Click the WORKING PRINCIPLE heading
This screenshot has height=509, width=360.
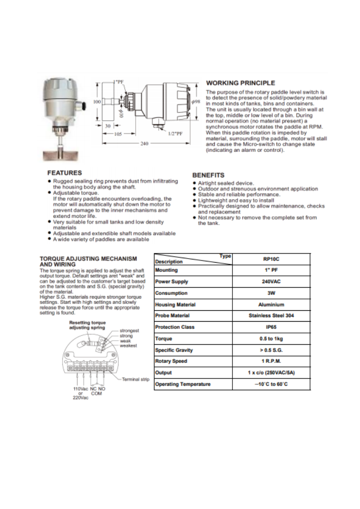(240, 83)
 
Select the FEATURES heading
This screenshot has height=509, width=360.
(65, 173)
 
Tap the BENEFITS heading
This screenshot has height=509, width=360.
(208, 175)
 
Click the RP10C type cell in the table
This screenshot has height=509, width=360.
(271, 259)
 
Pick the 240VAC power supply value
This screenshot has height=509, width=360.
(271, 282)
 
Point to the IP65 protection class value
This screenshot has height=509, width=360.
(271, 327)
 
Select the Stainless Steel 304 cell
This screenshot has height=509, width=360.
(271, 316)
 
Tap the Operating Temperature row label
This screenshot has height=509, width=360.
(182, 384)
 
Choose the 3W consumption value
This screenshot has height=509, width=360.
(271, 293)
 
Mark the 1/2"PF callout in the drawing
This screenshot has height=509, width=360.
(175, 134)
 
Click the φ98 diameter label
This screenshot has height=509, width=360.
(196, 103)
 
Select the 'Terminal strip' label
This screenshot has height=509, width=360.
(136, 379)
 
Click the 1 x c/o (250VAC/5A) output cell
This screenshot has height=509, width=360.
(271, 373)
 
